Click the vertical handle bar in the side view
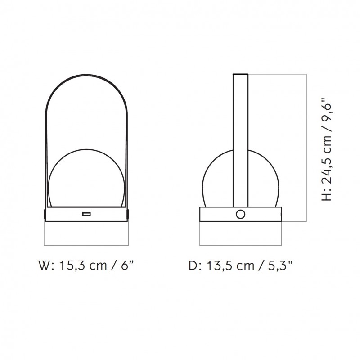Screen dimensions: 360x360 click(241, 135)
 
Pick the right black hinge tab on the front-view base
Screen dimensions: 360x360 click(129, 214)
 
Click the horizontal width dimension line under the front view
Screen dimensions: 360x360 click(86, 245)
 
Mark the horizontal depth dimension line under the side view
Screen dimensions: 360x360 click(241, 245)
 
